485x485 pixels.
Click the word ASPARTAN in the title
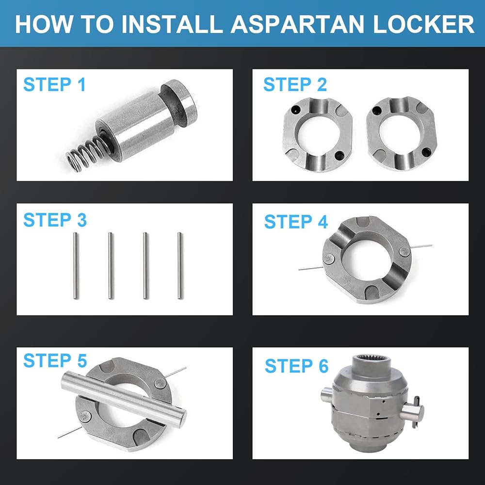click(x=297, y=24)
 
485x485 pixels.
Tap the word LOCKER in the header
click(x=423, y=24)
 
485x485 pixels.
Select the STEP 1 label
click(x=54, y=84)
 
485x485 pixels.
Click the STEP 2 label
click(x=295, y=84)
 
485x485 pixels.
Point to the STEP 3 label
click(x=55, y=220)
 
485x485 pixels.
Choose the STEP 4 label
click(x=296, y=222)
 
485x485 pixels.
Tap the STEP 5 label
click(x=55, y=360)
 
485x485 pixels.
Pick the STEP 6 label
click(x=297, y=366)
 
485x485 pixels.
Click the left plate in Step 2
click(x=318, y=134)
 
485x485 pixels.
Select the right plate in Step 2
click(x=401, y=134)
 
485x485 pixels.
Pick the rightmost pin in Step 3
click(x=180, y=266)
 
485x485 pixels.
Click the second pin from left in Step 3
click(x=111, y=266)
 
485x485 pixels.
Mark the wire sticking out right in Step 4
click(x=421, y=246)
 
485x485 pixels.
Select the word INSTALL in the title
click(x=172, y=24)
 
